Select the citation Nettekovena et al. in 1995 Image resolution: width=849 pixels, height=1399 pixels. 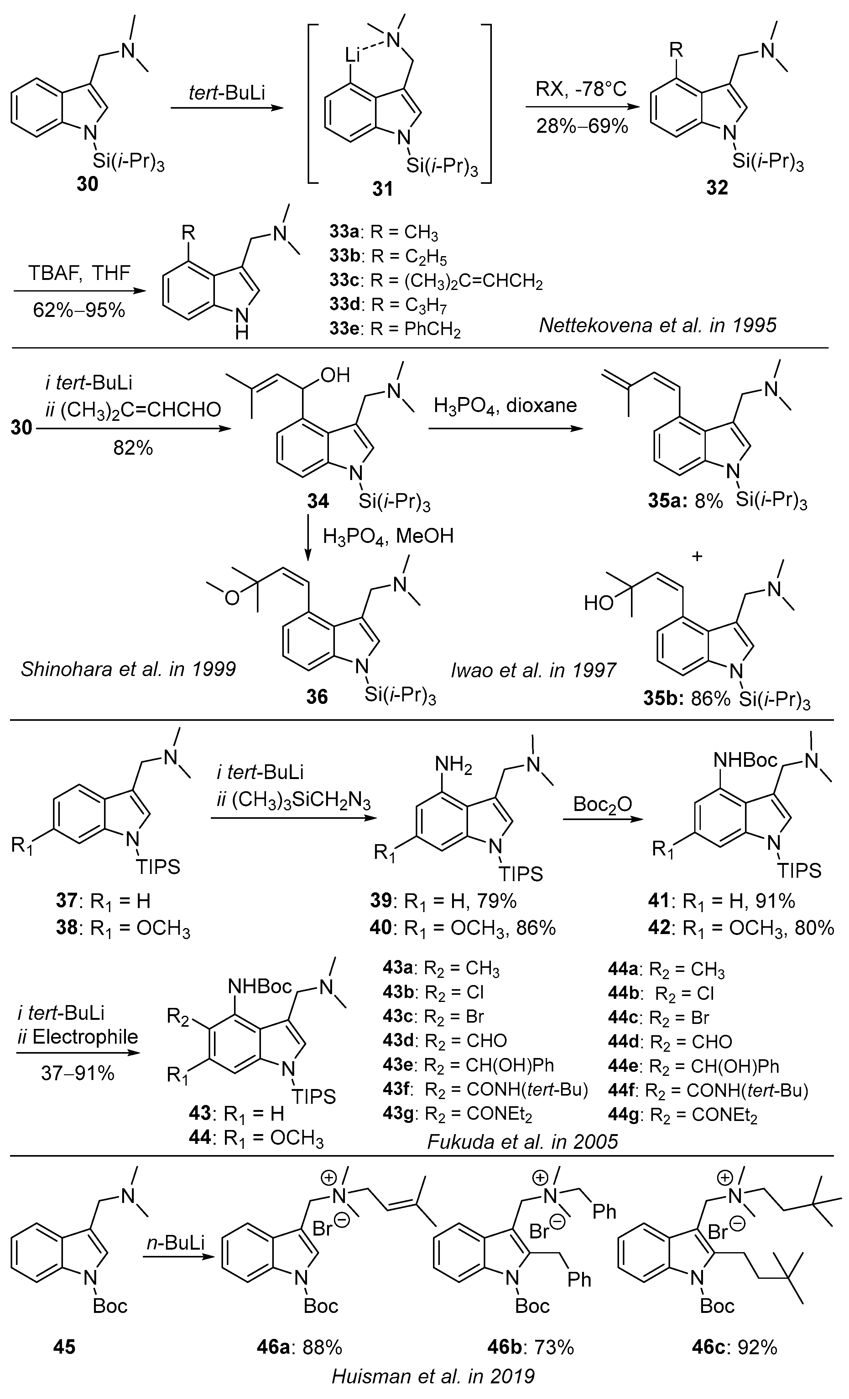(x=658, y=325)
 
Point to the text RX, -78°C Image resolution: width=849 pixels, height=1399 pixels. (x=582, y=90)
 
